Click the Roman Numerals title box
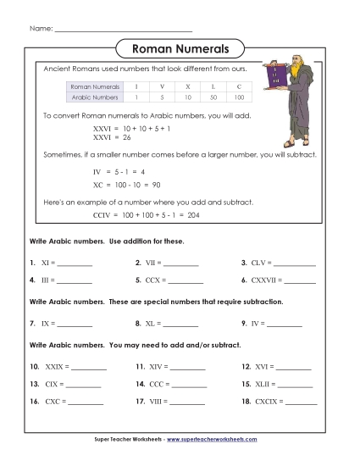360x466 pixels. [x=180, y=48]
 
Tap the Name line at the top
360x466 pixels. [x=123, y=30]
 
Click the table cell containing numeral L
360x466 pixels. [x=213, y=86]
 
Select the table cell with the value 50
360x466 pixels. [x=213, y=97]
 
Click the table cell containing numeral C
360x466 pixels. [x=240, y=86]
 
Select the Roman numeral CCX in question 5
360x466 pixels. [x=155, y=279]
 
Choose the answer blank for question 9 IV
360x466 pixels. [x=285, y=324]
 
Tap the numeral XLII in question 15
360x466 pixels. [x=263, y=384]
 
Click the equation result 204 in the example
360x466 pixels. [x=193, y=215]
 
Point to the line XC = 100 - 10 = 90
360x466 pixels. [x=127, y=184]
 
